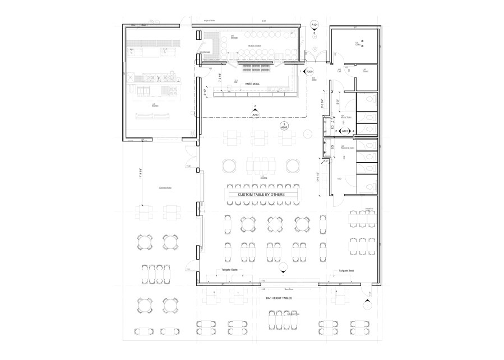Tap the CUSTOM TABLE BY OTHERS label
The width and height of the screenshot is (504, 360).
[x=261, y=195]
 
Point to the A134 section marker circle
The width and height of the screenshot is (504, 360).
[x=315, y=25]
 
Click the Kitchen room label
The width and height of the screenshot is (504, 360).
[x=152, y=104]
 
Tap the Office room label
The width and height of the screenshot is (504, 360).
[x=357, y=44]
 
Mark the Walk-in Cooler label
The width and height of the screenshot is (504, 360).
[x=255, y=45]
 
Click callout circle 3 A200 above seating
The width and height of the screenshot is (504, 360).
[x=284, y=126]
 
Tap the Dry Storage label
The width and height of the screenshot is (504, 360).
[x=202, y=52]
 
